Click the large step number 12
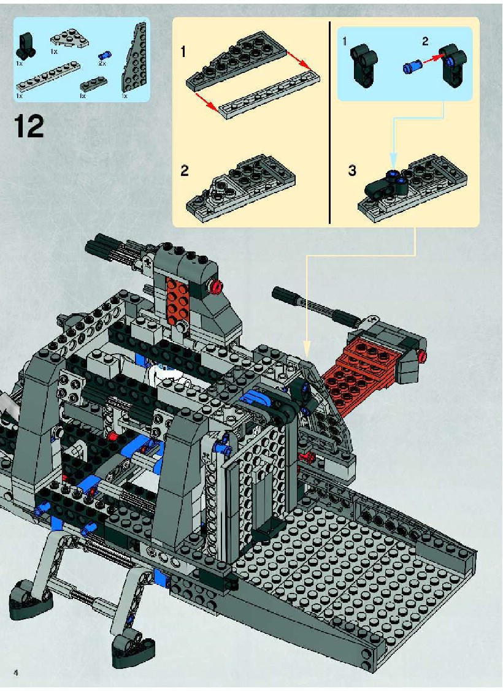click(29, 127)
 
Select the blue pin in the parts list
click(106, 55)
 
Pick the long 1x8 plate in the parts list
click(49, 76)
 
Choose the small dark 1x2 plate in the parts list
click(92, 82)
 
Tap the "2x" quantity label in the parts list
click(102, 64)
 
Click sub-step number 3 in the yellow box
click(351, 170)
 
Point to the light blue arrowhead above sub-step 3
click(394, 158)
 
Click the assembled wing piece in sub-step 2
click(240, 186)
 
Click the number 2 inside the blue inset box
click(425, 42)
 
